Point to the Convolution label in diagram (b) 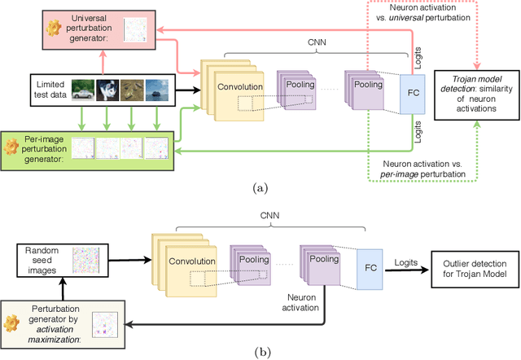[x=193, y=261]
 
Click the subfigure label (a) [x=260, y=188]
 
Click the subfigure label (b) [x=260, y=353]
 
